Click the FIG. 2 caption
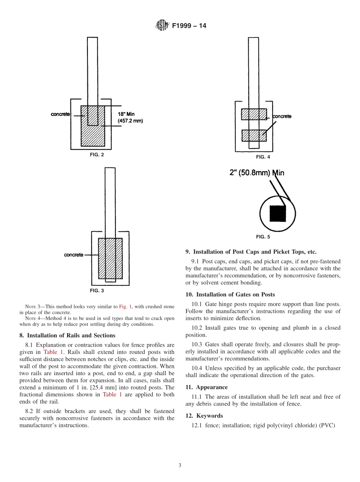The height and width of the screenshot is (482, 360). pyautogui.click(x=97, y=155)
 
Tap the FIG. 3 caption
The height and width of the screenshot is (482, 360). pyautogui.click(x=97, y=291)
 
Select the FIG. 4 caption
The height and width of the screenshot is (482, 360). pyautogui.click(x=263, y=157)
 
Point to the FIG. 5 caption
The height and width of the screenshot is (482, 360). pyautogui.click(x=263, y=237)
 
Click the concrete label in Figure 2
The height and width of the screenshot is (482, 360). pyautogui.click(x=60, y=114)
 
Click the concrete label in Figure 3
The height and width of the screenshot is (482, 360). pyautogui.click(x=74, y=255)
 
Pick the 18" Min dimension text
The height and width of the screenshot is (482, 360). pyautogui.click(x=126, y=114)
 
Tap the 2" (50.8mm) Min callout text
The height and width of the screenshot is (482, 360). pyautogui.click(x=257, y=173)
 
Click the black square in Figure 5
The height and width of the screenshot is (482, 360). pyautogui.click(x=277, y=213)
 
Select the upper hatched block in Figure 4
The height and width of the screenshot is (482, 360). pyautogui.click(x=254, y=114)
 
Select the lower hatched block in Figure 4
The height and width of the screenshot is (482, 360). pyautogui.click(x=254, y=135)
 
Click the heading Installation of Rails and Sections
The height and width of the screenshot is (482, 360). pyautogui.click(x=71, y=335)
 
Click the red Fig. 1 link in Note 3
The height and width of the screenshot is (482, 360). pyautogui.click(x=125, y=306)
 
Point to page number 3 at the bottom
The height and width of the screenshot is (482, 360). pyautogui.click(x=180, y=465)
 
